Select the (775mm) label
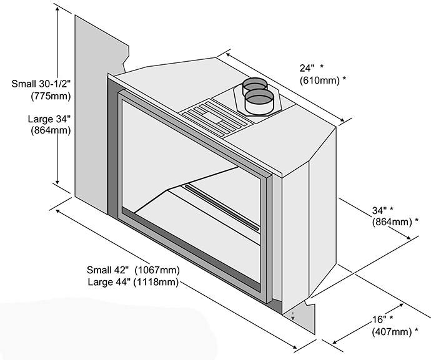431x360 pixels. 50,96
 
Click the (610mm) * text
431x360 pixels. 322,80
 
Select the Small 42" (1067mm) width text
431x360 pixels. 134,270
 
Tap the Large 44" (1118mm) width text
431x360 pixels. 134,282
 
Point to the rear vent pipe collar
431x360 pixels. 253,84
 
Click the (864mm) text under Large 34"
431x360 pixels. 50,131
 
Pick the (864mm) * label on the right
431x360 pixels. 395,221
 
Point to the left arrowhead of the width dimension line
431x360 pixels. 58,212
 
